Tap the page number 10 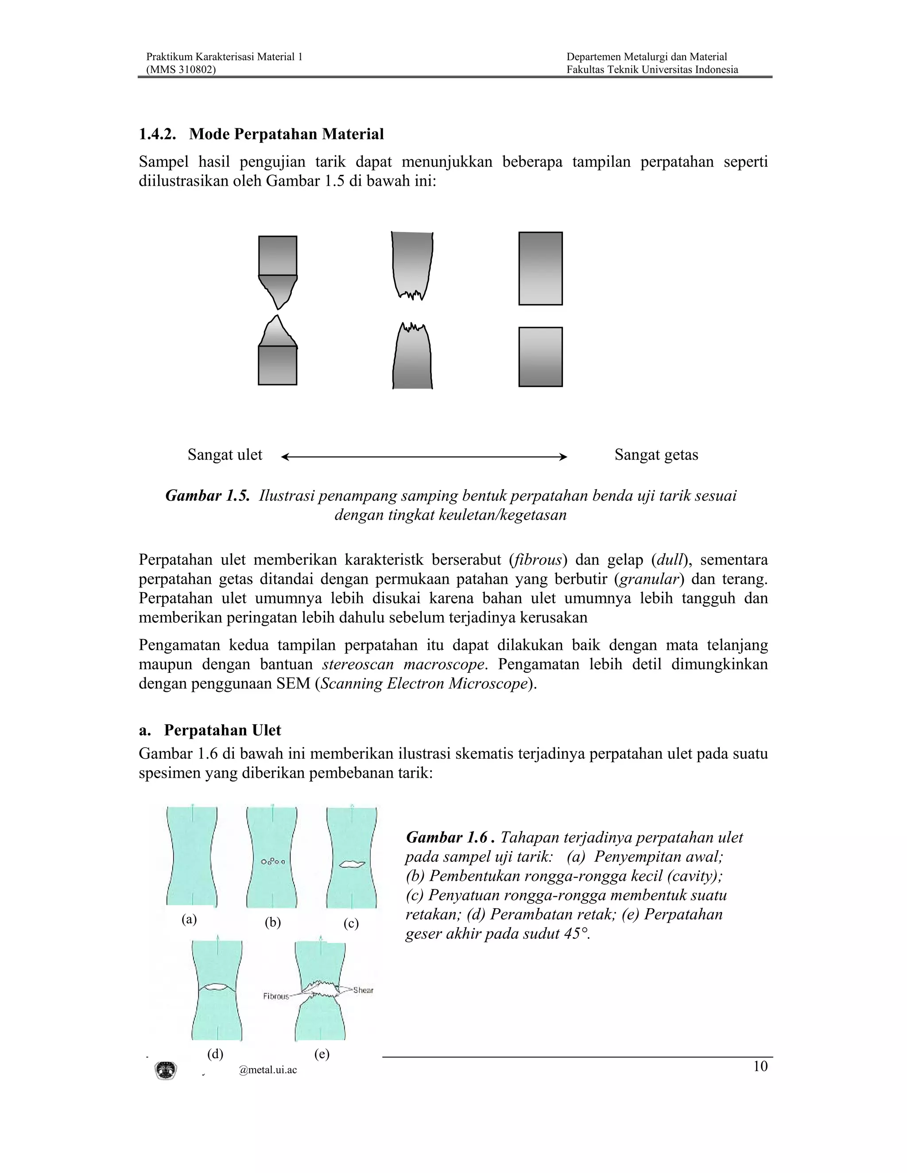(760, 1066)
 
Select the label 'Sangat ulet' (225, 455)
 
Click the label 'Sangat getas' (656, 455)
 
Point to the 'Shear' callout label (363, 990)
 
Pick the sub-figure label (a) (189, 919)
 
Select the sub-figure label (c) (351, 923)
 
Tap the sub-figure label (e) (322, 1054)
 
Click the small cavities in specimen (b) (273, 861)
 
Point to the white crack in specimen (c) (353, 864)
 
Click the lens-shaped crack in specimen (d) (217, 987)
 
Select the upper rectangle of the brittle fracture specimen (540, 269)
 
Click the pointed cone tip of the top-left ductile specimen (278, 307)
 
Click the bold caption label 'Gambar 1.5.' (207, 495)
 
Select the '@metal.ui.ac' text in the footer (267, 1070)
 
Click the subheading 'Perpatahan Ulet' (222, 730)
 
